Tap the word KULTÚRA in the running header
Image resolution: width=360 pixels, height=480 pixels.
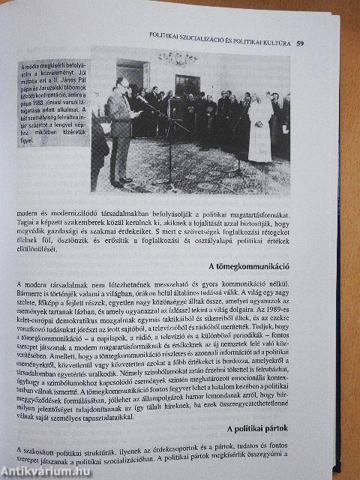coord(271,42)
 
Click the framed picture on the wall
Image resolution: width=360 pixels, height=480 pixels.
coord(187,82)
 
